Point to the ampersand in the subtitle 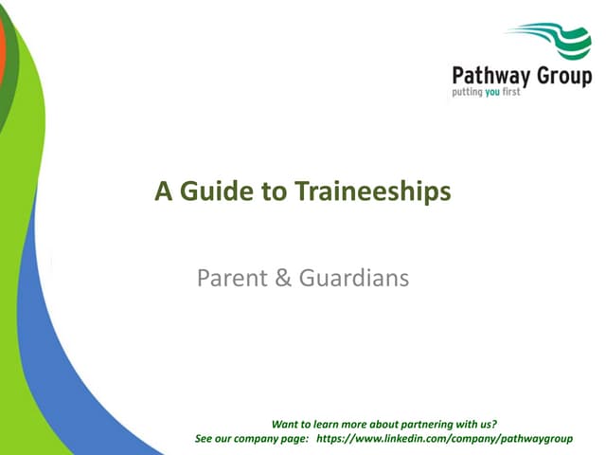click(282, 279)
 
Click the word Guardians click(354, 279)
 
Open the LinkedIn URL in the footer click(445, 439)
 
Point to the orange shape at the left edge click(3, 47)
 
